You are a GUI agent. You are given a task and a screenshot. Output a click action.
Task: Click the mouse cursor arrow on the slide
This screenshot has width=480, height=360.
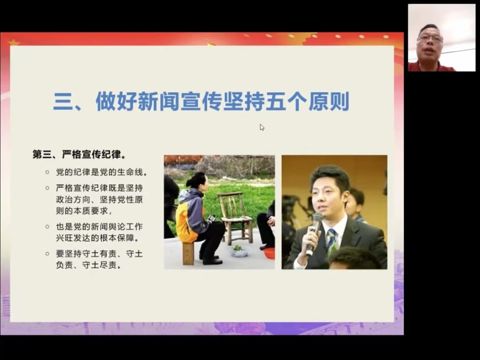click(262, 128)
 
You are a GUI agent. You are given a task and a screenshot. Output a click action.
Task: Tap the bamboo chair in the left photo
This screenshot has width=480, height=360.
click(234, 217)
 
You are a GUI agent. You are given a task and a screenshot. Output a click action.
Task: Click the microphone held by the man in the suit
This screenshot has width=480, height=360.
click(314, 232)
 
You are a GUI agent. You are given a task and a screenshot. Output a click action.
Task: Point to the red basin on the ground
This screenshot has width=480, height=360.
click(269, 253)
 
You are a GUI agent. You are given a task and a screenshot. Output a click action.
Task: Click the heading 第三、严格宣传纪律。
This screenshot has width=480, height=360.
click(79, 154)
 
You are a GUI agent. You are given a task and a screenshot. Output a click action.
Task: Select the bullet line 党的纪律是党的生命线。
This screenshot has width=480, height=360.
click(102, 172)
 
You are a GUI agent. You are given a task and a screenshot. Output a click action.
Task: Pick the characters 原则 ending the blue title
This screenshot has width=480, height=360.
click(329, 101)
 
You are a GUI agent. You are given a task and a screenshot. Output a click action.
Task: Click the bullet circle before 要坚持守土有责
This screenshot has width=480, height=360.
click(47, 254)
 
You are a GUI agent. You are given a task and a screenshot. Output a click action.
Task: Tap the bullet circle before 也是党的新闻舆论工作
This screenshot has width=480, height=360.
click(47, 227)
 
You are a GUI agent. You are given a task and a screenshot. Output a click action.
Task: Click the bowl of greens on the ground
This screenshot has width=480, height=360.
click(239, 251)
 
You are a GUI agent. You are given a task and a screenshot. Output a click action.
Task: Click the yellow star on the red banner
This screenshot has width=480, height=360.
click(14, 42)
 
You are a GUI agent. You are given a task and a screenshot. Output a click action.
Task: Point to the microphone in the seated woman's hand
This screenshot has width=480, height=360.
click(211, 218)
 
